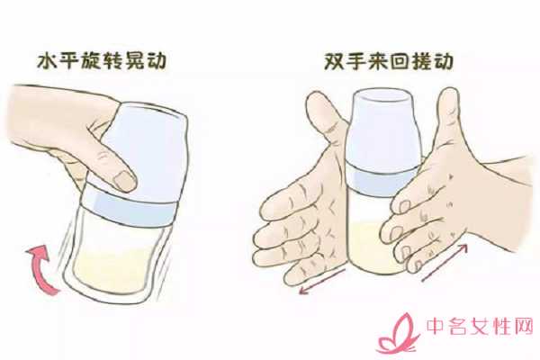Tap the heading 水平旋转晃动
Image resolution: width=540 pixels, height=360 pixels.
click(x=102, y=61)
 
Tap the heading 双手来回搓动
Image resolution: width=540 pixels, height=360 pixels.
click(x=389, y=62)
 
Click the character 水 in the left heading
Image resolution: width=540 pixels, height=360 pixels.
click(x=48, y=61)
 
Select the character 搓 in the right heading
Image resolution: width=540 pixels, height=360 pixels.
click(x=421, y=62)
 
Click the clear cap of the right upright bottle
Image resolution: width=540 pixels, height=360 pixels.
click(x=385, y=130)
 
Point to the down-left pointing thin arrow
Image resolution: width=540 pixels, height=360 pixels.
click(x=322, y=282)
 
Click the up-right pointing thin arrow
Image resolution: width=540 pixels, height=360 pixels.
click(x=445, y=262)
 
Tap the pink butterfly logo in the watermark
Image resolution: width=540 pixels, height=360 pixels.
click(x=398, y=335)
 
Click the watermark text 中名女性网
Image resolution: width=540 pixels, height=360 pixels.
click(x=480, y=326)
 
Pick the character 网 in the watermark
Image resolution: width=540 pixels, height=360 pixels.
click(x=524, y=326)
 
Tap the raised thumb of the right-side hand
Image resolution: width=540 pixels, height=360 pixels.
click(x=446, y=117)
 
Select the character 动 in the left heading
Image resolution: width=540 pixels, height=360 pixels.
click(x=157, y=61)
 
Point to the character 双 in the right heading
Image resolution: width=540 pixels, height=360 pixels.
click(x=335, y=62)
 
